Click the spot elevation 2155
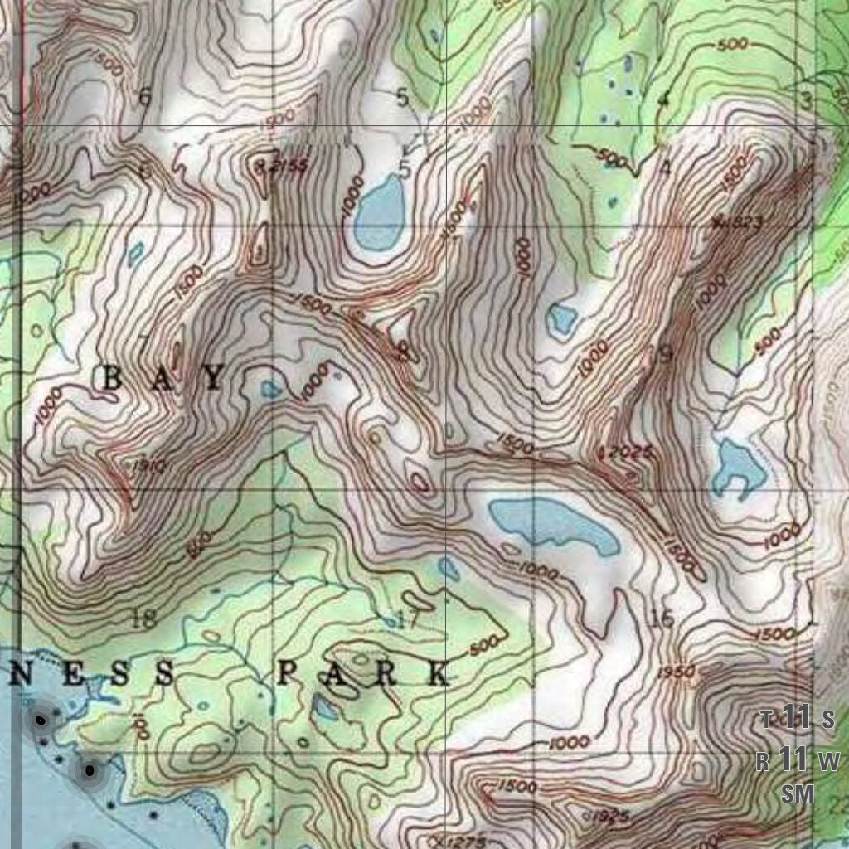pyautogui.click(x=287, y=167)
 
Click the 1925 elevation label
pyautogui.click(x=609, y=817)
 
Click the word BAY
pyautogui.click(x=163, y=379)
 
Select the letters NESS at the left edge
pyautogui.click(x=93, y=673)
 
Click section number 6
pyautogui.click(x=145, y=98)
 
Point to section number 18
pyautogui.click(x=143, y=617)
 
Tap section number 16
pyautogui.click(x=662, y=619)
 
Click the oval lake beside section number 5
pyautogui.click(x=380, y=213)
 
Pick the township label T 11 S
pyautogui.click(x=797, y=718)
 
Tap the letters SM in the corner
pyautogui.click(x=798, y=793)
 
